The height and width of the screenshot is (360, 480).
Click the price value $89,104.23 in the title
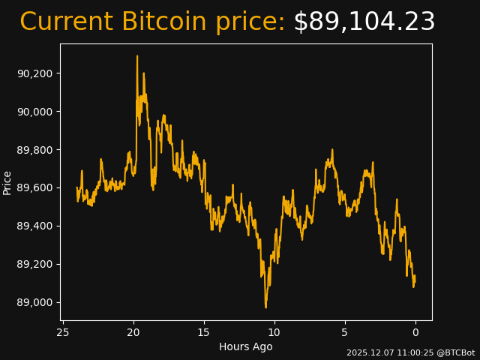[364, 22]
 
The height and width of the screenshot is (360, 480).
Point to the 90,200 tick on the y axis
[37, 73]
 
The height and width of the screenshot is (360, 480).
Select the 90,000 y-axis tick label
[37, 112]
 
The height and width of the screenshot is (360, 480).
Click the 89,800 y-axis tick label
[37, 150]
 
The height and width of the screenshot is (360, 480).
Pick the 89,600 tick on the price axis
[37, 188]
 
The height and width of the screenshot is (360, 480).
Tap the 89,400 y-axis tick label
[37, 226]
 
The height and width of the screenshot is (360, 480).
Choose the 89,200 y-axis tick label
[37, 265]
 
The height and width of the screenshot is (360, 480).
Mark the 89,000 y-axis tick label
[37, 303]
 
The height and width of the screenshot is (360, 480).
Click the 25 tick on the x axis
[63, 332]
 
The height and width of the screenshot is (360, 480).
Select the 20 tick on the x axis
[133, 332]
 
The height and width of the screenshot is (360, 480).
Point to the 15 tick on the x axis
[204, 332]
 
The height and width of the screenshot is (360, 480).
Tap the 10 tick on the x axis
[274, 332]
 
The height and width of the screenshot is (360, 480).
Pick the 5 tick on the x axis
[345, 332]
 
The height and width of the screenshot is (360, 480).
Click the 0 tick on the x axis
[415, 332]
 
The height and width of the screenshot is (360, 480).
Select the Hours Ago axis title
[246, 346]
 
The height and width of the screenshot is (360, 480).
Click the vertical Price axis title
[7, 182]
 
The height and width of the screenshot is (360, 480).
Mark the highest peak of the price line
[137, 55]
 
